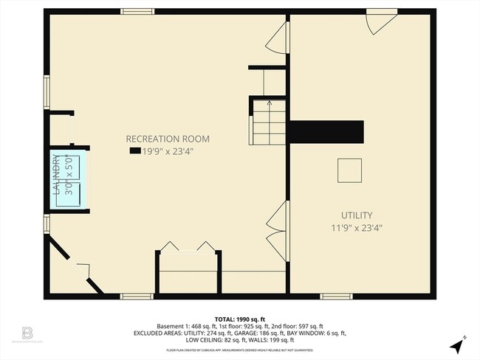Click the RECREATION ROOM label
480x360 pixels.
click(168, 139)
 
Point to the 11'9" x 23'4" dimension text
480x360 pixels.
click(356, 228)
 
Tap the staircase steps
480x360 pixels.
click(268, 122)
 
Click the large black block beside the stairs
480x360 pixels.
click(326, 132)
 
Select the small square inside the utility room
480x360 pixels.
click(349, 170)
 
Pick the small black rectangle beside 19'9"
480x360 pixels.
click(134, 150)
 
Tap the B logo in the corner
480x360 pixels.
click(28, 333)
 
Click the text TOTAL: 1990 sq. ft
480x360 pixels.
click(239, 318)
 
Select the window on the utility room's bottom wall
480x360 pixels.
click(336, 297)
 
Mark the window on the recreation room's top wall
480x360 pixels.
click(137, 12)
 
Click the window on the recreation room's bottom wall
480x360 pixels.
click(137, 297)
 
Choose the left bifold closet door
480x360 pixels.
click(170, 246)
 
